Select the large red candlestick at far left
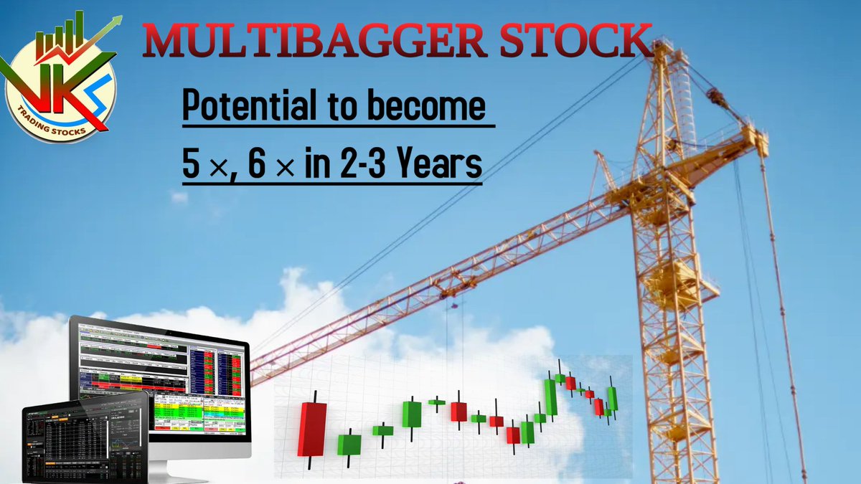point(312,429)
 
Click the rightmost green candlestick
point(612,399)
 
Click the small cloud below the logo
point(179,197)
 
